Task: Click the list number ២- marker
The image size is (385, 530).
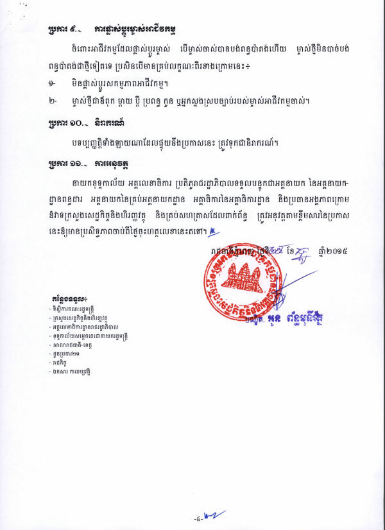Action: pyautogui.click(x=52, y=101)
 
